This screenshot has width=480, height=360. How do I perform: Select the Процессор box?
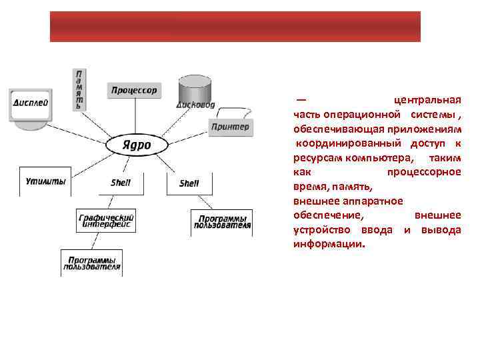point(133,90)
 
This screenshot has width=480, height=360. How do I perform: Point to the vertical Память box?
point(79,89)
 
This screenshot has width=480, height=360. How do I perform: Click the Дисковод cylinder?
point(195,92)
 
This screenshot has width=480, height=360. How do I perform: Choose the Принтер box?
point(231,127)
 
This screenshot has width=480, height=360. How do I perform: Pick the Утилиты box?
point(45,181)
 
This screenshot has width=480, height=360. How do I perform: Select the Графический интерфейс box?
point(107,221)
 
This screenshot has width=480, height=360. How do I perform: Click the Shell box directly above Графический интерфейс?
point(121,182)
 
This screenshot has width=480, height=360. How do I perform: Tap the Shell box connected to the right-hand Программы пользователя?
point(189,183)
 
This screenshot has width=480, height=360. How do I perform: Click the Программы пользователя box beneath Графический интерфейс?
point(91,263)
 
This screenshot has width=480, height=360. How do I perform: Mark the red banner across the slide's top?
point(235,27)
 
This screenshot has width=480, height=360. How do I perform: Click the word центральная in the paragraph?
point(427,100)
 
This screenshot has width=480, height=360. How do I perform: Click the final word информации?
point(329,244)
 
